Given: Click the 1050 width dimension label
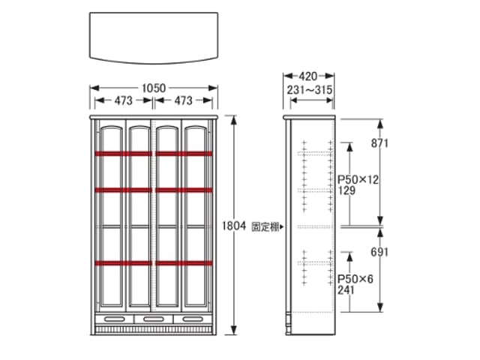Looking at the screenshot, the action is (154, 88).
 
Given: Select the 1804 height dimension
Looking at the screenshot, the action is (234, 226).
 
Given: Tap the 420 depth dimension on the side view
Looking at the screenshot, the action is (308, 76).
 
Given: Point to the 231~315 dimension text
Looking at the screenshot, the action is (310, 90).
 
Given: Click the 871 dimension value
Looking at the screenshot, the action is (379, 143).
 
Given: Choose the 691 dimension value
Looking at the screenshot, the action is (379, 252).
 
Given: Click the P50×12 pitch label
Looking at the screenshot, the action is (358, 180).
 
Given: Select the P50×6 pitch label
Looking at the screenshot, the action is (355, 279).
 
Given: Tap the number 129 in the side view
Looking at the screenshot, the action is (346, 190).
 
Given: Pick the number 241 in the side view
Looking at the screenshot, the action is (346, 289).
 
